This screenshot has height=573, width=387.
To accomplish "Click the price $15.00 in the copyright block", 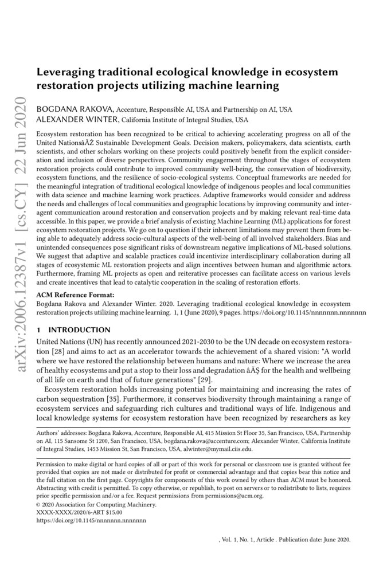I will pos(110,513).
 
